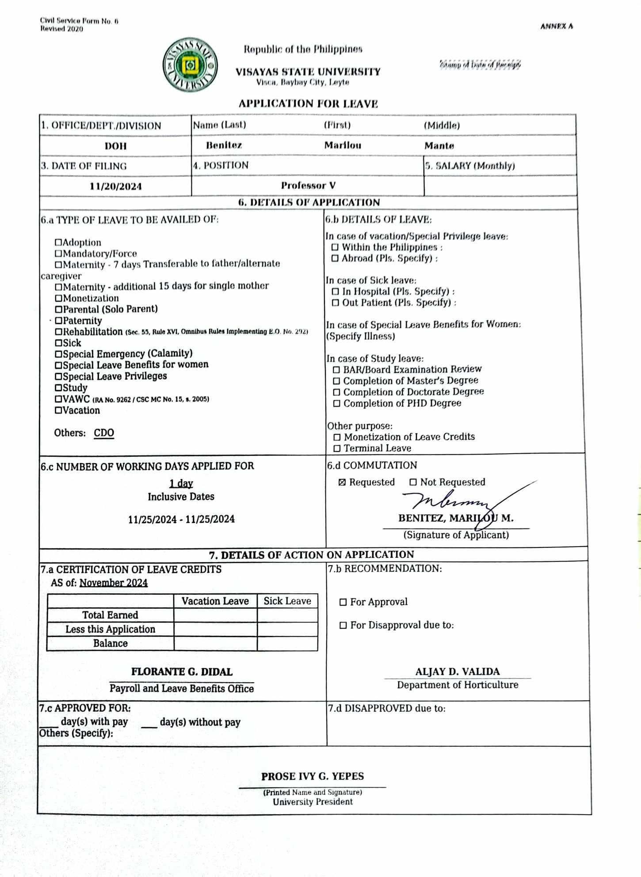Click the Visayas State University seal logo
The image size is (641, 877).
click(x=190, y=65)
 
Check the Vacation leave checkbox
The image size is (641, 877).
click(x=58, y=410)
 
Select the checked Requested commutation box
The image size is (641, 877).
click(x=342, y=482)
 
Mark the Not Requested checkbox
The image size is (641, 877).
click(x=413, y=482)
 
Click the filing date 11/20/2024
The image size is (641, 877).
click(x=115, y=186)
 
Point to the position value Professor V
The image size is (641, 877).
click(x=308, y=186)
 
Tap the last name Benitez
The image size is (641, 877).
click(x=224, y=145)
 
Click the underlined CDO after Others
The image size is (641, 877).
click(x=104, y=433)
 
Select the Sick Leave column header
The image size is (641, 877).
click(x=287, y=601)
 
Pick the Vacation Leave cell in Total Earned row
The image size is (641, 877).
click(x=215, y=615)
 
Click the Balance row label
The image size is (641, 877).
click(x=110, y=643)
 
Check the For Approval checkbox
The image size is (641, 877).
click(x=343, y=602)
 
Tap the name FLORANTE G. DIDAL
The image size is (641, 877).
click(x=182, y=672)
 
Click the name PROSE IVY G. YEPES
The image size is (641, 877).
click(x=313, y=776)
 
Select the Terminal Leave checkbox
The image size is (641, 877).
click(x=337, y=448)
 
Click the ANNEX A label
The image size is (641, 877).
click(x=557, y=27)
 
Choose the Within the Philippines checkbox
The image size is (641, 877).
click(x=335, y=247)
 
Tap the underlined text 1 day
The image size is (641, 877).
click(x=181, y=483)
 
